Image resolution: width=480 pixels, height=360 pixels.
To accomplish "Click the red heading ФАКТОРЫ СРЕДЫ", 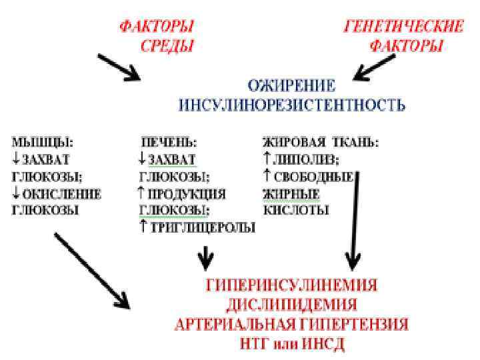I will (x=157, y=37).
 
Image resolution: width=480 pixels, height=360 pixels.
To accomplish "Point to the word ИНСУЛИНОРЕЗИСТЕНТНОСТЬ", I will (x=292, y=105).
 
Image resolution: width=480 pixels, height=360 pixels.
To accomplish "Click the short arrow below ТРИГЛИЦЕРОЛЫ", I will (x=208, y=254).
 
